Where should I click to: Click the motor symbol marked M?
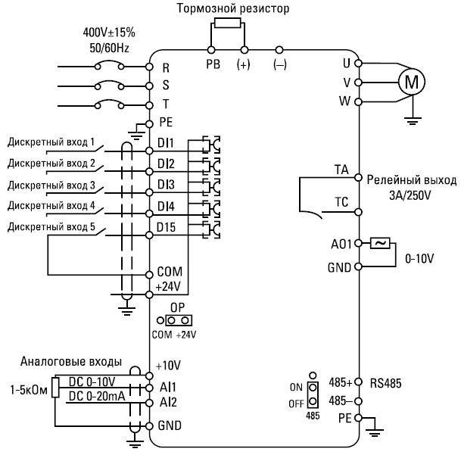[x=411, y=82]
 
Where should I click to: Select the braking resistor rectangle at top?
[x=228, y=23]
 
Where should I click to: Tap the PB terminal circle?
[x=211, y=50]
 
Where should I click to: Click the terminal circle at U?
[x=358, y=64]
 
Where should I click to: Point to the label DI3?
[x=166, y=185]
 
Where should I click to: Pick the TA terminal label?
[x=341, y=170]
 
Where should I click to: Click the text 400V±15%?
[x=109, y=33]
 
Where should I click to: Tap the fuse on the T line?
[x=109, y=104]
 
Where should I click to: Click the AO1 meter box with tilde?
[x=380, y=244]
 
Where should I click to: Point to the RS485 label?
[x=385, y=383]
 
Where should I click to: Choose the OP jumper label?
[x=178, y=307]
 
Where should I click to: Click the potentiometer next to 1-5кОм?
[x=55, y=388]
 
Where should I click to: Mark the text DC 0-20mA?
[x=97, y=396]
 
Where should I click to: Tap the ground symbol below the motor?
[x=413, y=121]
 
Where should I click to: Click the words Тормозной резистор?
[x=233, y=8]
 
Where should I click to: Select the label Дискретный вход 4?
[x=51, y=206]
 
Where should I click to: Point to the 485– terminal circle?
[x=358, y=401]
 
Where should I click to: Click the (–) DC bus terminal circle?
[x=279, y=50]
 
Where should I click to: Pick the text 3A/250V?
[x=410, y=195]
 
